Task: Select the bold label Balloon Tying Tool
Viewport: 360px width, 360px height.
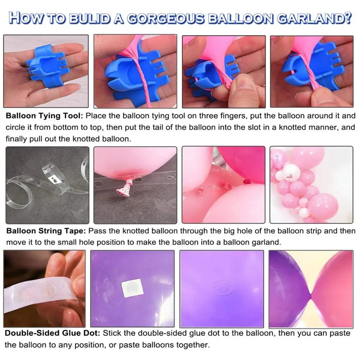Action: [44, 115]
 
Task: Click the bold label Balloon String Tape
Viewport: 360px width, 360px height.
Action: [46, 231]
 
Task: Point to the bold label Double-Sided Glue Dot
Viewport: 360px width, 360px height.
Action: [53, 333]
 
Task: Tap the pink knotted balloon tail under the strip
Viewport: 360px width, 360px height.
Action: [125, 187]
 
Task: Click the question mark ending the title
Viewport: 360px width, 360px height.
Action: [348, 18]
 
